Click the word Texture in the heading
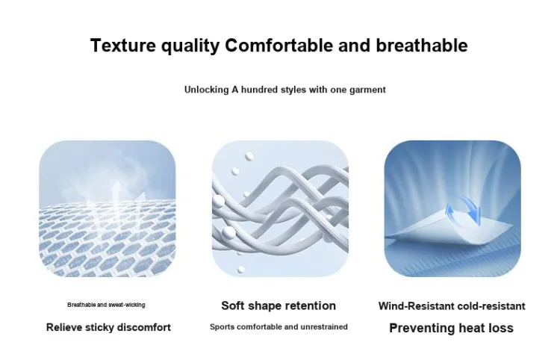(x=123, y=46)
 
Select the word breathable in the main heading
(x=421, y=46)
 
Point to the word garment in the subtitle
(x=367, y=90)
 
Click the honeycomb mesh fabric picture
(x=107, y=208)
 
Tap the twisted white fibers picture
(x=280, y=208)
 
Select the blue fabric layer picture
(x=452, y=208)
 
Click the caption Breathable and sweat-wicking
(x=106, y=305)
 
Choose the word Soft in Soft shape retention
(x=233, y=305)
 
